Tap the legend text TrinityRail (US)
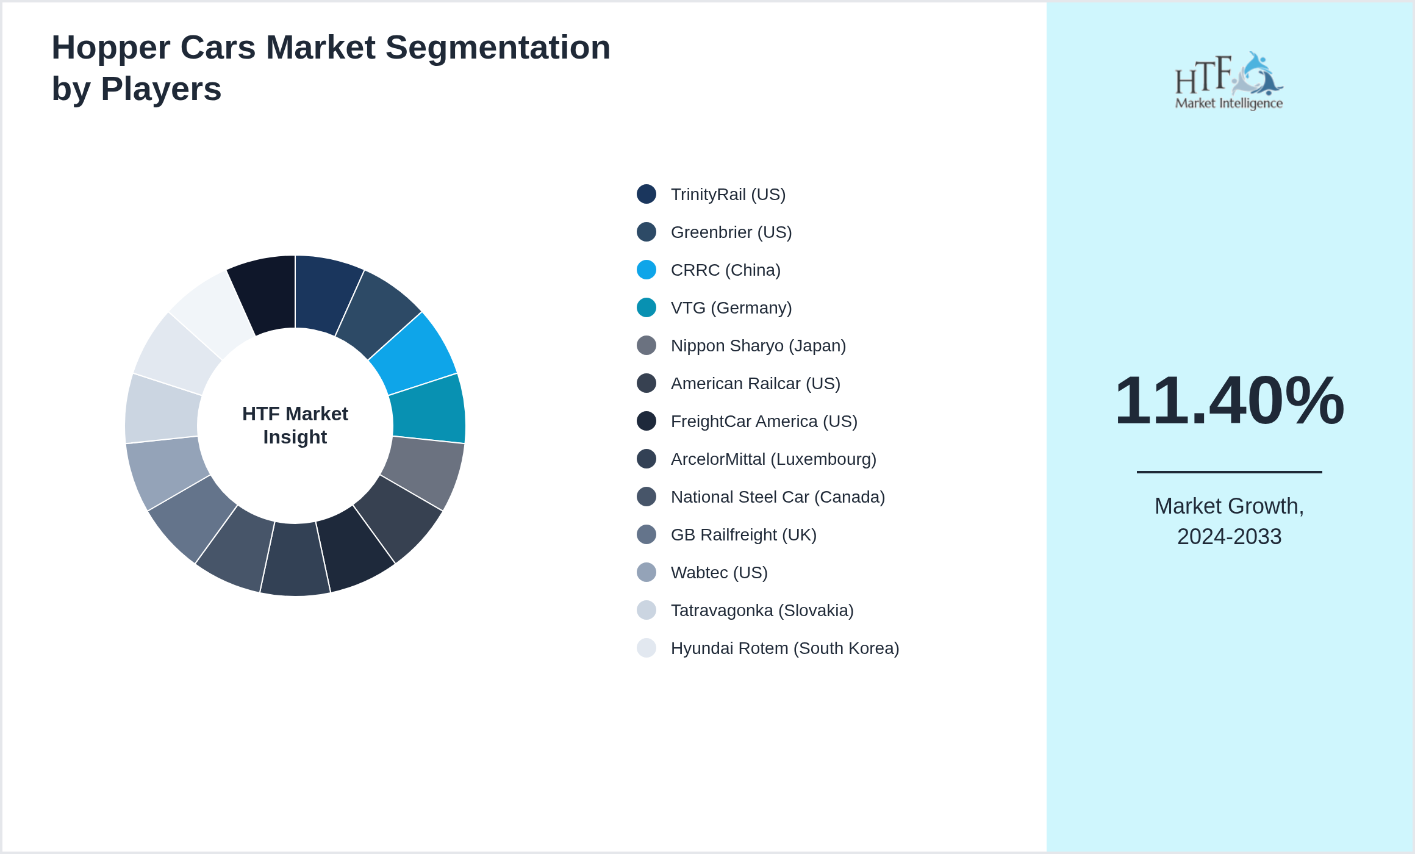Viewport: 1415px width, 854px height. tap(728, 195)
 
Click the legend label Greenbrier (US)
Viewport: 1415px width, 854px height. tap(731, 232)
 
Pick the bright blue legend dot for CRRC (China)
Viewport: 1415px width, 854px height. tap(647, 270)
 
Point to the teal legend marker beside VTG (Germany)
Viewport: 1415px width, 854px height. tap(647, 307)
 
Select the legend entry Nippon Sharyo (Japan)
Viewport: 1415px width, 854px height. tap(758, 346)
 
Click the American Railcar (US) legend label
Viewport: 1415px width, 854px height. tap(755, 384)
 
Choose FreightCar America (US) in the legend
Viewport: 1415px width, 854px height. tap(764, 422)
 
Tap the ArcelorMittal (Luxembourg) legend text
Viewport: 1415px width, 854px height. tap(773, 459)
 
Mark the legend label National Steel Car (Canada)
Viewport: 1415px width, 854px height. tap(778, 497)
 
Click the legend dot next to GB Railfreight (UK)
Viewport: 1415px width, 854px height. tap(647, 534)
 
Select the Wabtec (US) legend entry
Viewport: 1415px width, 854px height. tap(719, 573)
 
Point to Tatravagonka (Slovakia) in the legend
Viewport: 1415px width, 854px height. tap(762, 611)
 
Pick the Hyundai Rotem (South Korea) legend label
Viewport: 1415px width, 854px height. tap(785, 648)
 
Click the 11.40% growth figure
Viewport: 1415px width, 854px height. tap(1229, 401)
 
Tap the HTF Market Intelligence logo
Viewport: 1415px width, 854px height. tap(1229, 81)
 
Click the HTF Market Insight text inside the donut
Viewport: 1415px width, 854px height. tap(295, 425)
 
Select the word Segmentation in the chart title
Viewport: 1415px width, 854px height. tap(498, 48)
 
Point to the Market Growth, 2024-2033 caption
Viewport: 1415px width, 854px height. tap(1229, 521)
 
